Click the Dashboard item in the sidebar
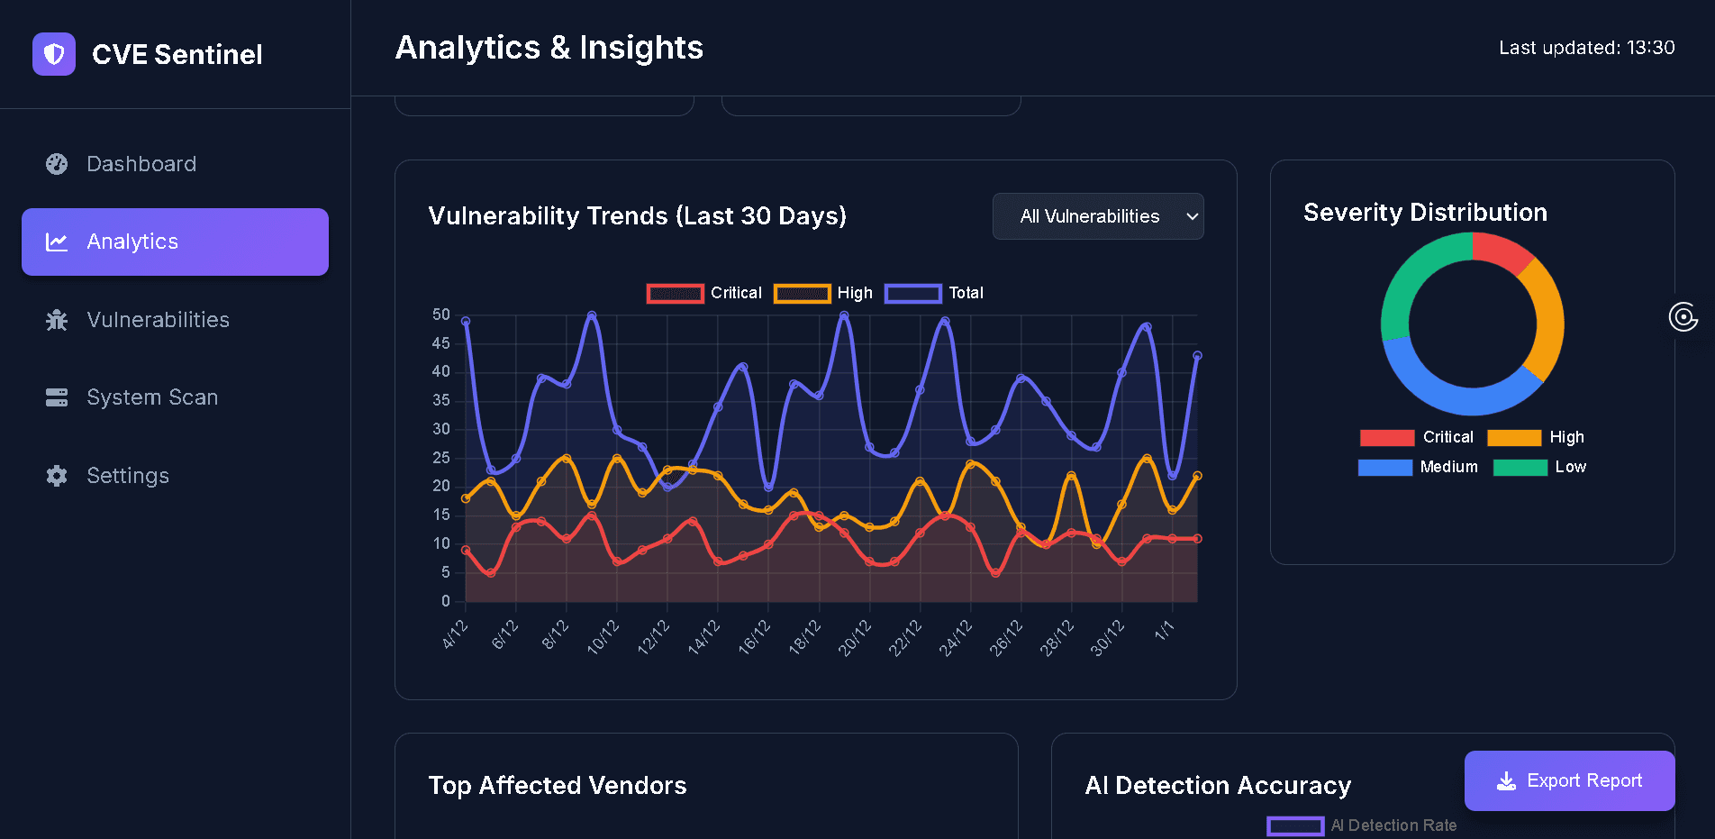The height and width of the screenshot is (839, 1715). click(141, 164)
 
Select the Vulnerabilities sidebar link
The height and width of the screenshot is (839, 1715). click(158, 320)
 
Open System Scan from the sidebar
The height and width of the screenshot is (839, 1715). click(151, 397)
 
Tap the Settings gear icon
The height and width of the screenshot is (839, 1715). click(57, 476)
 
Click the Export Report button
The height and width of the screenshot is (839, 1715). click(1569, 780)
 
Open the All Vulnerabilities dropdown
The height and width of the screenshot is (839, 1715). click(1097, 216)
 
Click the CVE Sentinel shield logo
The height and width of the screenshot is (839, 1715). click(54, 54)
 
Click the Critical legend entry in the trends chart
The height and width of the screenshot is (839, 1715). click(704, 293)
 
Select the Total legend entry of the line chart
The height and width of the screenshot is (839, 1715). click(934, 293)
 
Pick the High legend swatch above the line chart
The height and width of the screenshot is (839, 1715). click(802, 293)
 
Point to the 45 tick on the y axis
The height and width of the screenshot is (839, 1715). click(440, 343)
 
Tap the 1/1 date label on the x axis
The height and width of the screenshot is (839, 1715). click(1164, 631)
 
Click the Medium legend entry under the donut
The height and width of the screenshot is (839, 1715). click(1419, 467)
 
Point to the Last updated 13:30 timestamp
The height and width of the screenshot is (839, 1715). click(1586, 48)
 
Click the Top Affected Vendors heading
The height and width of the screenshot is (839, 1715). click(557, 786)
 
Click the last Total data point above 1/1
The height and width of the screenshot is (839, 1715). click(1197, 356)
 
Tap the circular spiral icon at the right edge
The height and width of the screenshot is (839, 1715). click(1683, 317)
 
